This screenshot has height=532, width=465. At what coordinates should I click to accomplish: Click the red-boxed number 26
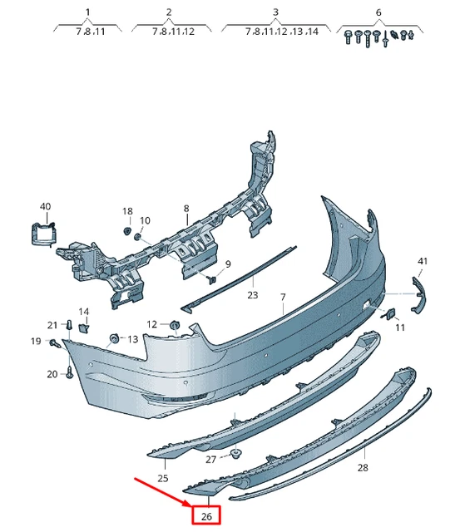(205, 516)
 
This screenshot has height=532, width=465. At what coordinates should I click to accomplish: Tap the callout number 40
(45, 206)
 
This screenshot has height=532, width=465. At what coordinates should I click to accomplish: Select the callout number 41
(422, 262)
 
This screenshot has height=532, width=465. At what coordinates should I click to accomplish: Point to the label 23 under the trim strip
(252, 295)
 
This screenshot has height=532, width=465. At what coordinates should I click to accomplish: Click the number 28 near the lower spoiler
(362, 468)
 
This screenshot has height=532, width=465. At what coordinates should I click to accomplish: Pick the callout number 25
(163, 478)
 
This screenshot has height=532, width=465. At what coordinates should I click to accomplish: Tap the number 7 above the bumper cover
(282, 297)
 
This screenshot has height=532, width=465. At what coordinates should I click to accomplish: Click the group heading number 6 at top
(378, 12)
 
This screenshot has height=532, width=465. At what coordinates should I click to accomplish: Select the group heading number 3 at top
(275, 12)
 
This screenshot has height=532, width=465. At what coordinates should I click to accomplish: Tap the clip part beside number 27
(235, 454)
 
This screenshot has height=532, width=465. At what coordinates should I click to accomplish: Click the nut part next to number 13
(115, 338)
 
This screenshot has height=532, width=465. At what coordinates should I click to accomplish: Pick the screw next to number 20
(69, 373)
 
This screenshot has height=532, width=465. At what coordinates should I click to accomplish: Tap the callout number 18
(127, 212)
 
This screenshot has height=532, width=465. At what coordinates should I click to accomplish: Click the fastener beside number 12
(174, 324)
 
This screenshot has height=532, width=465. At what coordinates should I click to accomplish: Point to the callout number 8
(186, 209)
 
